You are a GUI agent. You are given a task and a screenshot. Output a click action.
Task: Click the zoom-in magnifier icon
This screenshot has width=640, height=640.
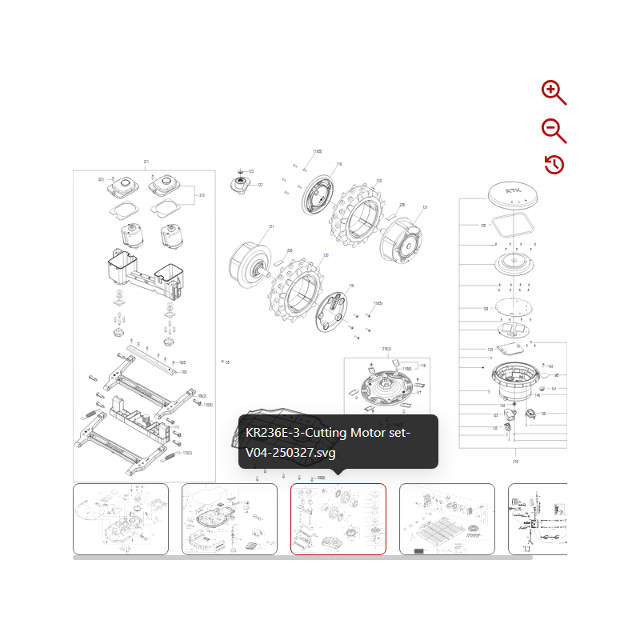pos(553,92)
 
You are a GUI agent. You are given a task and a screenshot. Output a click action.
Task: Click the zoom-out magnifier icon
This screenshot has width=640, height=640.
pos(553,130)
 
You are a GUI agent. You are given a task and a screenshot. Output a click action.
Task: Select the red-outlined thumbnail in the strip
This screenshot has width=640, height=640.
pos(338,518)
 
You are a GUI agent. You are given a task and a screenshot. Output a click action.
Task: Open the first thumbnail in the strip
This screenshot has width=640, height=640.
pos(121,518)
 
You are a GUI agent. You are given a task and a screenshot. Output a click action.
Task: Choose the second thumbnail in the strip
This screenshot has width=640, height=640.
pos(230,518)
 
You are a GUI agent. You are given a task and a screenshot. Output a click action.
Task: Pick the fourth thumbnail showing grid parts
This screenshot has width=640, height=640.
pos(446,518)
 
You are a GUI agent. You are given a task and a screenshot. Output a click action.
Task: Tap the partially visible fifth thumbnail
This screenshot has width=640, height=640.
pos(538,518)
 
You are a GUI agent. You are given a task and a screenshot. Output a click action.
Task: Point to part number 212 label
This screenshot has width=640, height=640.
pos(202,195)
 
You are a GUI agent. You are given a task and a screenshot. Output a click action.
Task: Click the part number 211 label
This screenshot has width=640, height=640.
pos(146,162)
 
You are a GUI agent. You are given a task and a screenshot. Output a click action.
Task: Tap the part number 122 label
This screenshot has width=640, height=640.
pos(260,185)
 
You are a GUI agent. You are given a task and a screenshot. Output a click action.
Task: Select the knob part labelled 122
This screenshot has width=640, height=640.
pos(240,185)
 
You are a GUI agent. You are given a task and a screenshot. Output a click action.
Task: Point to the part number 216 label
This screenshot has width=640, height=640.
pos(514,462)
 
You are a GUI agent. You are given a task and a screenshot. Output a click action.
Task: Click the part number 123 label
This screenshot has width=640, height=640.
pos(250,171)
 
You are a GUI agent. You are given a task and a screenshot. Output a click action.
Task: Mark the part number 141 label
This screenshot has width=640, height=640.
pos(554,389)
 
